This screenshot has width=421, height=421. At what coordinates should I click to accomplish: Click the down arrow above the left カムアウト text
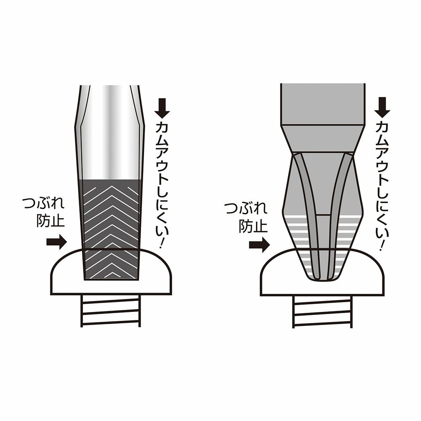pyautogui.click(x=162, y=108)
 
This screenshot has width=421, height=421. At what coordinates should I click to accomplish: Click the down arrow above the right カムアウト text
pyautogui.click(x=382, y=108)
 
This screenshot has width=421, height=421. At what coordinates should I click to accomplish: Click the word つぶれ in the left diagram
pyautogui.click(x=43, y=204)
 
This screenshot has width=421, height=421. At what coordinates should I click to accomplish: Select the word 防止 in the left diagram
pyautogui.click(x=51, y=221)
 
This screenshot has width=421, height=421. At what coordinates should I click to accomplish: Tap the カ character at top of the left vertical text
pyautogui.click(x=162, y=128)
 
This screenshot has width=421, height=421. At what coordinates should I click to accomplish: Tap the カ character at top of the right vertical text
pyautogui.click(x=382, y=127)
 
